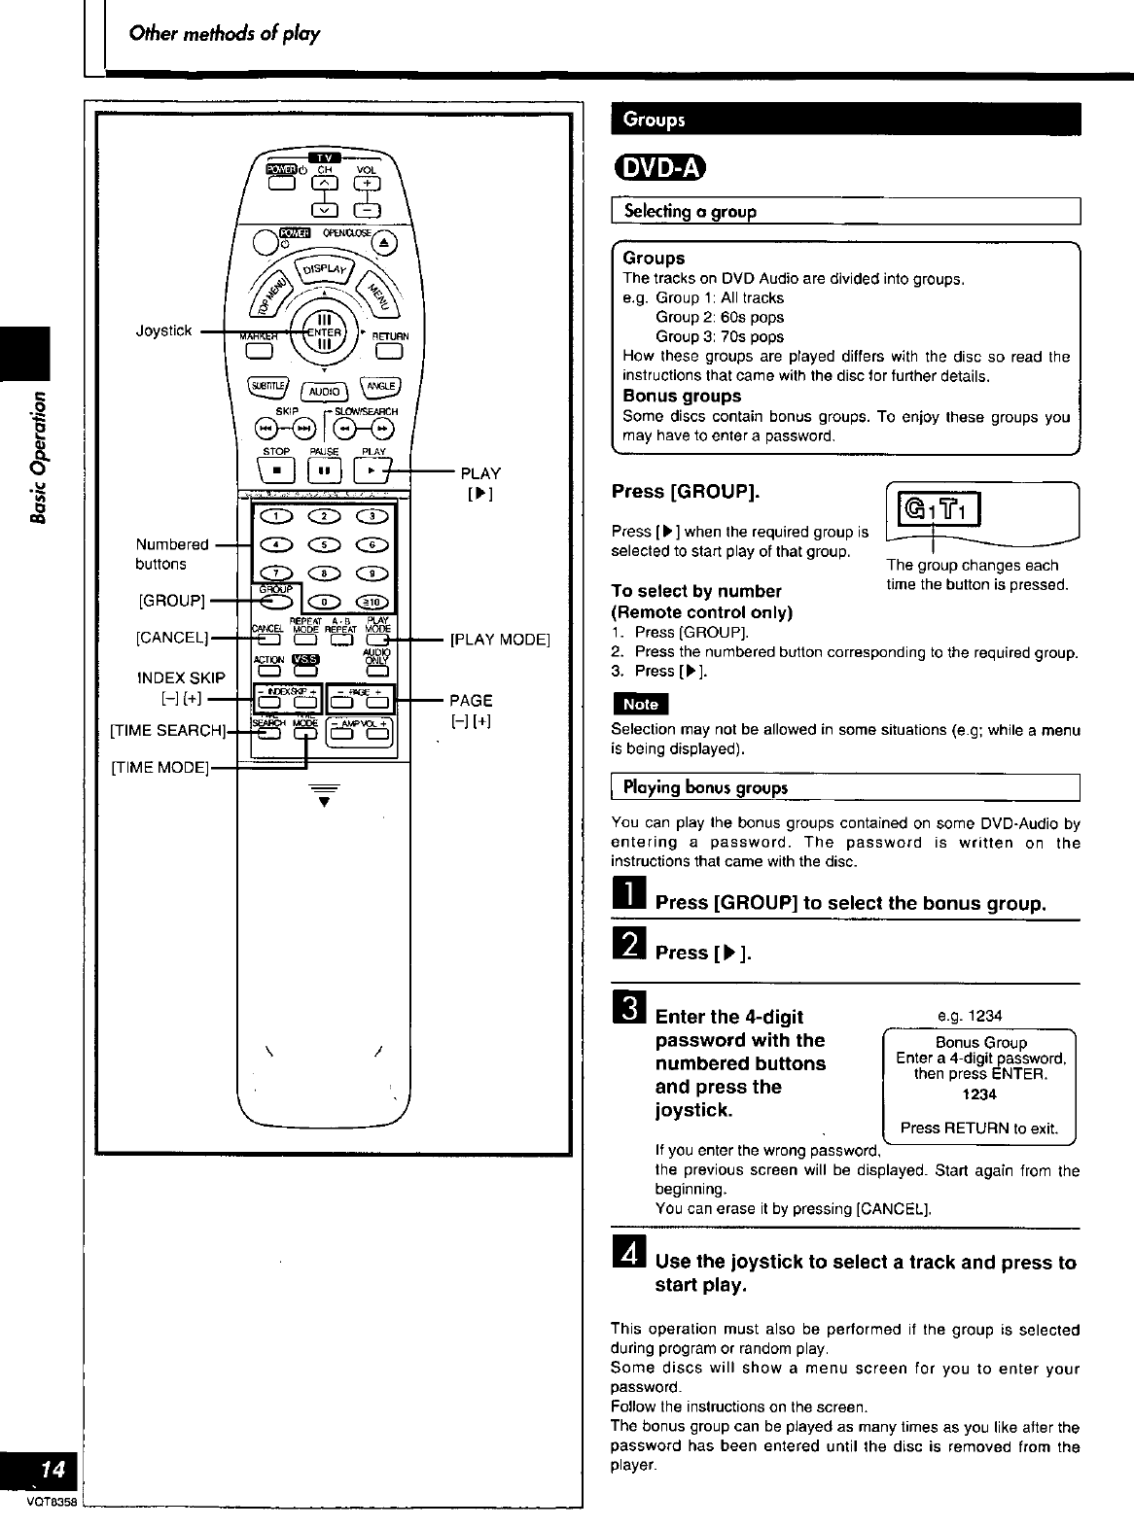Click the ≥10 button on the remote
coord(372,601)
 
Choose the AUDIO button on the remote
coord(324,391)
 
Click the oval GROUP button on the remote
coord(276,601)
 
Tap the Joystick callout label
coord(164,331)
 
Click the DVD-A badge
coord(658,168)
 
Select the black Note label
coord(639,704)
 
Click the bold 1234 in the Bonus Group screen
coord(979,1094)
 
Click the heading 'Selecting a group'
coord(690,211)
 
